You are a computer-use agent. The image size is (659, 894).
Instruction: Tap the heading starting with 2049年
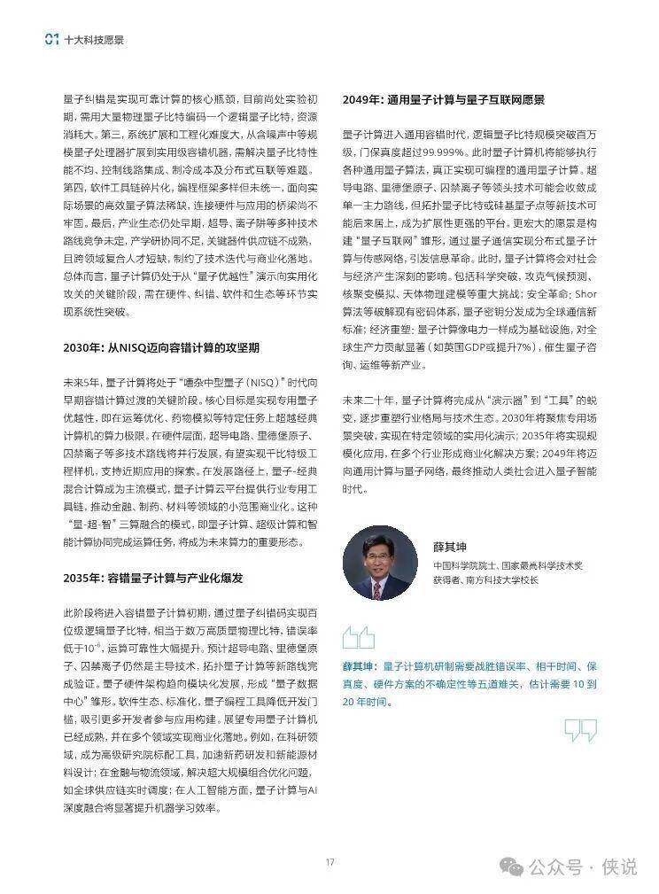(443, 99)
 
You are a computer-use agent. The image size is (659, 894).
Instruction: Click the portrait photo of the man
(379, 564)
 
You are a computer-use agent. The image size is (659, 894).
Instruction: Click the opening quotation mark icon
(358, 637)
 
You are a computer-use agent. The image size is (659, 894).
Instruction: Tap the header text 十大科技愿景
(94, 39)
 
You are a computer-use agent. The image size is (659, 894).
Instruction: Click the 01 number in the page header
(51, 39)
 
